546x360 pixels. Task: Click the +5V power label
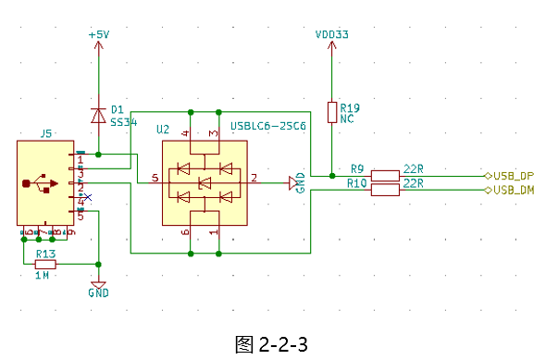98,34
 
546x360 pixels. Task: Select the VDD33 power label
331,35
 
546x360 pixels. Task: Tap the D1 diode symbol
98,115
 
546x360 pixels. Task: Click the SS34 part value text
123,121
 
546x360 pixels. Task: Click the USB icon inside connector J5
41,183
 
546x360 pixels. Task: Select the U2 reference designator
163,128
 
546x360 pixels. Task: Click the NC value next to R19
347,119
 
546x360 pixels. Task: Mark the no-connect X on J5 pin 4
88,197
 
